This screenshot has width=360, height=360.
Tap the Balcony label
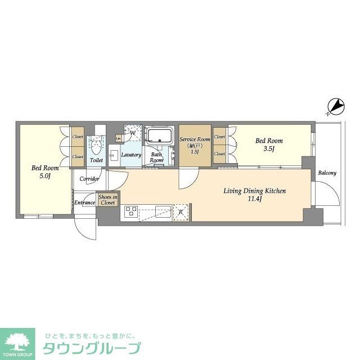327,173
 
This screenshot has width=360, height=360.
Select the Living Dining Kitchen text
255,191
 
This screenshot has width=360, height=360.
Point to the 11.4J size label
255,199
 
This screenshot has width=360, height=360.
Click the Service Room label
195,139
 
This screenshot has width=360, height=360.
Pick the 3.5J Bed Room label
269,145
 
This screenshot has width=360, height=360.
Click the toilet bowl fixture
96,147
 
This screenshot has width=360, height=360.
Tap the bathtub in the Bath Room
160,136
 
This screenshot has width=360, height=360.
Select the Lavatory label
131,155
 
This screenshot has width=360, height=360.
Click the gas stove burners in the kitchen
130,211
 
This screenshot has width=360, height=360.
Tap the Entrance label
84,202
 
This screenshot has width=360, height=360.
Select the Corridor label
89,179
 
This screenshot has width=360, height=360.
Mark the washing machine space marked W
133,133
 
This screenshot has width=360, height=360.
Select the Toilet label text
96,160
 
